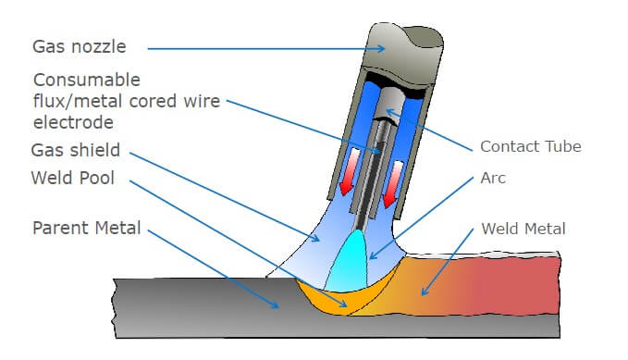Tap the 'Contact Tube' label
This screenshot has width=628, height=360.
(x=530, y=146)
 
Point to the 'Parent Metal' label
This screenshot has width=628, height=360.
(x=86, y=228)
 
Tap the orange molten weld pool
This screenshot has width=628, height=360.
(x=333, y=299)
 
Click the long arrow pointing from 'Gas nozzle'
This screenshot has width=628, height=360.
(x=250, y=46)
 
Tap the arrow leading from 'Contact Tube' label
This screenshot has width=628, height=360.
(x=430, y=130)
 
